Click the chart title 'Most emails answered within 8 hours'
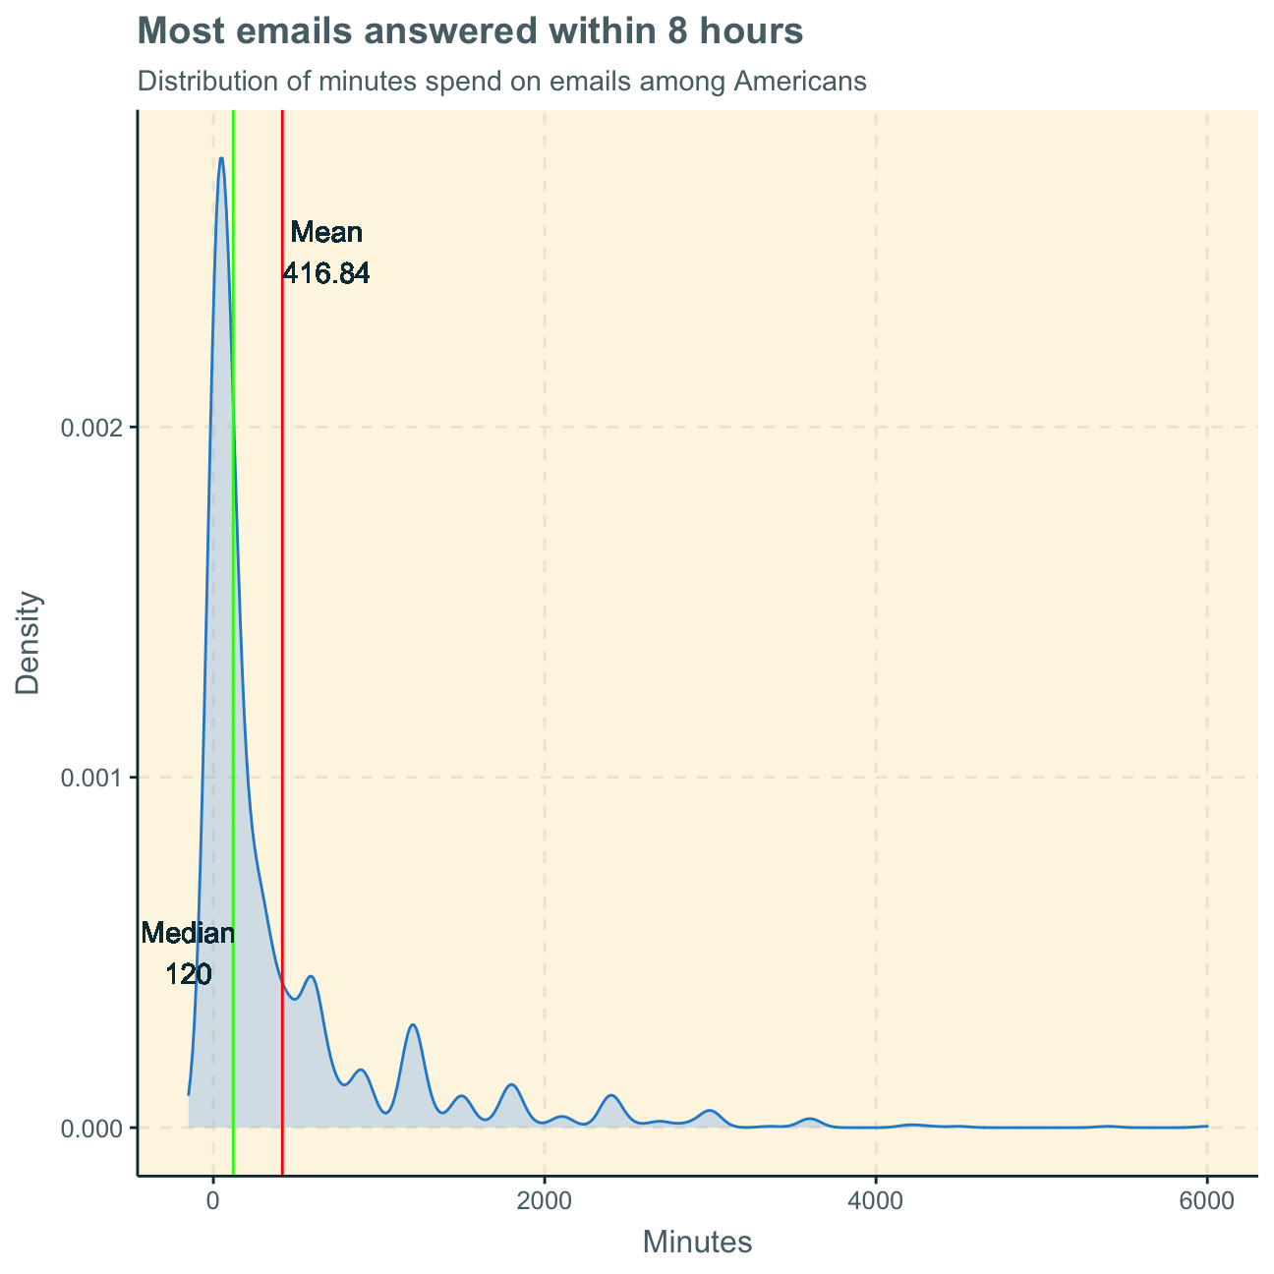coord(471,31)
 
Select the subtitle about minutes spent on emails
coord(501,81)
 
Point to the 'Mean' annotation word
coord(327,233)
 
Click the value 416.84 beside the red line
coord(326,274)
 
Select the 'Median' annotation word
coord(188,934)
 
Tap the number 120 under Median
coord(188,975)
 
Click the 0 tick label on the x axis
coord(212,1199)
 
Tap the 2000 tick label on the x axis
coord(544,1199)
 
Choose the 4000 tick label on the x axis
coord(876,1199)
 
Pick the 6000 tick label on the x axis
coord(1207,1199)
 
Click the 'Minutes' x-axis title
coord(697,1243)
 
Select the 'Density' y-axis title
coord(29,643)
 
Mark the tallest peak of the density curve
coord(221,158)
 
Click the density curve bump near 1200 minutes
coord(413,1025)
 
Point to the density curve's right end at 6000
coord(1206,1126)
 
